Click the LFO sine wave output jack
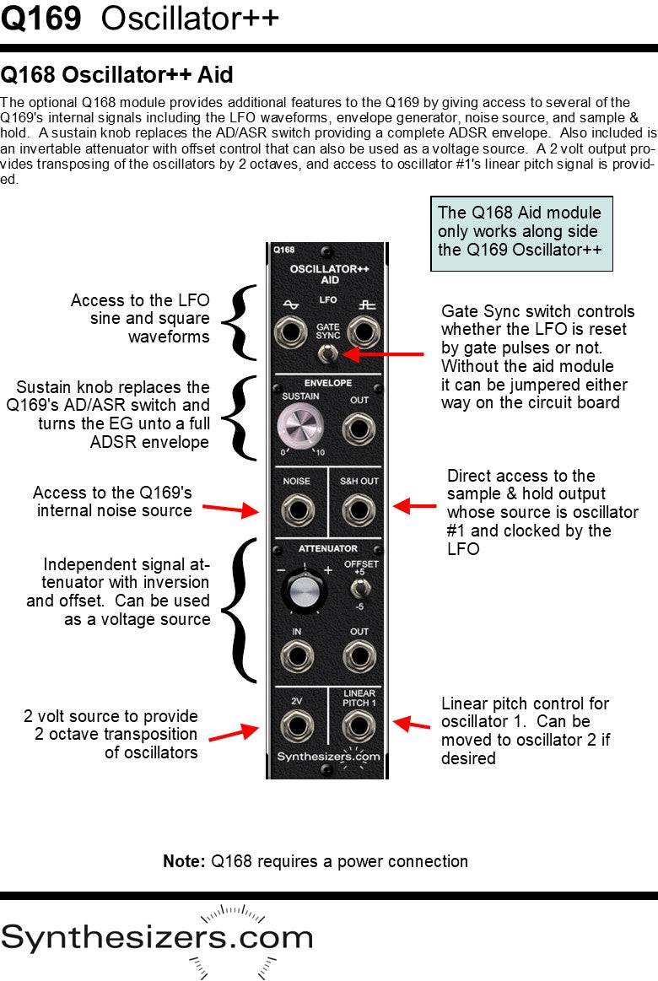tap(293, 331)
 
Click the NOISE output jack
tap(296, 510)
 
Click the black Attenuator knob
tap(303, 590)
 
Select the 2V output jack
tap(296, 725)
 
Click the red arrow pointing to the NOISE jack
tap(237, 509)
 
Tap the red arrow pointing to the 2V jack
tap(233, 732)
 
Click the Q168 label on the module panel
tap(283, 250)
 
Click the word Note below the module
tap(184, 861)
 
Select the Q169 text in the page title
tap(41, 19)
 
